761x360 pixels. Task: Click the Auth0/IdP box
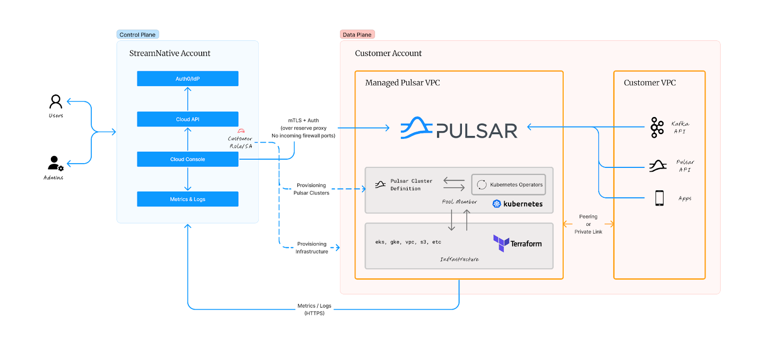point(187,78)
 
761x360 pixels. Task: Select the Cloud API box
point(187,119)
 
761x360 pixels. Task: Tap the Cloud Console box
point(187,159)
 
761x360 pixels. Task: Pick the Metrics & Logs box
point(187,199)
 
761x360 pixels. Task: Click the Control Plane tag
point(137,35)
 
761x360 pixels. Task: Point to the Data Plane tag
point(357,35)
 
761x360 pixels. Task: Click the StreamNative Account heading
point(170,53)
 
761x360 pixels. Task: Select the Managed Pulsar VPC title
point(402,83)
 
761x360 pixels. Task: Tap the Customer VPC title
point(650,83)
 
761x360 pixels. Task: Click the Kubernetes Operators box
point(508,185)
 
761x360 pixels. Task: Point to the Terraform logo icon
point(501,243)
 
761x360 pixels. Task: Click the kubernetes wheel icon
point(497,204)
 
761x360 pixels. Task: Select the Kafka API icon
point(657,127)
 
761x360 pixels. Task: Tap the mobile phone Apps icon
point(659,198)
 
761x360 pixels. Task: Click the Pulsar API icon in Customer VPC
point(658,166)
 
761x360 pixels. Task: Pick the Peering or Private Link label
point(588,224)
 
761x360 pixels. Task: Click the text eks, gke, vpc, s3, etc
point(408,242)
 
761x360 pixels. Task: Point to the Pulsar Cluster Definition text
point(411,185)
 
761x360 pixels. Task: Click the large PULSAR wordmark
point(477,131)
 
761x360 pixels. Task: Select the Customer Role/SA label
point(241,142)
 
